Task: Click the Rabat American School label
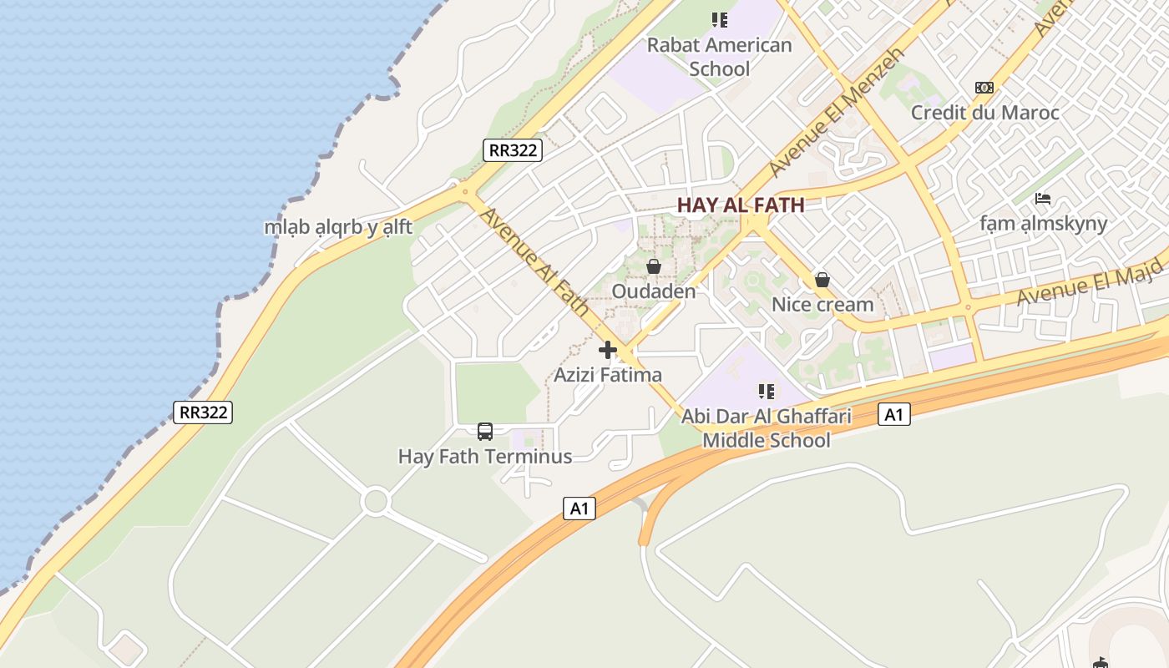coord(719,57)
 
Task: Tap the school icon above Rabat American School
coord(719,19)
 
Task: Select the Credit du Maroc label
coord(984,113)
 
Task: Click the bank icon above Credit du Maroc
coord(984,88)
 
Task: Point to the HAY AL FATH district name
coord(741,205)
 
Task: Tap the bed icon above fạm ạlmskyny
coord(1042,199)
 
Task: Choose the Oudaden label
coord(654,291)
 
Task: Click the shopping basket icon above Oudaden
coord(654,267)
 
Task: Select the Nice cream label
coord(822,305)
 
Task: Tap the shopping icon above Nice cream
coord(822,280)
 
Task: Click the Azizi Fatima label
coord(608,375)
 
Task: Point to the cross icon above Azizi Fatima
coord(608,350)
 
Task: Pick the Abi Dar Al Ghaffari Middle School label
coord(767,428)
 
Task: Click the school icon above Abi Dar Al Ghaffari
coord(767,391)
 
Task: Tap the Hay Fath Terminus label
coord(485,457)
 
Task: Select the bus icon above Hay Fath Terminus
coord(485,432)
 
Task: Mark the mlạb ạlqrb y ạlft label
coord(338,227)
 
